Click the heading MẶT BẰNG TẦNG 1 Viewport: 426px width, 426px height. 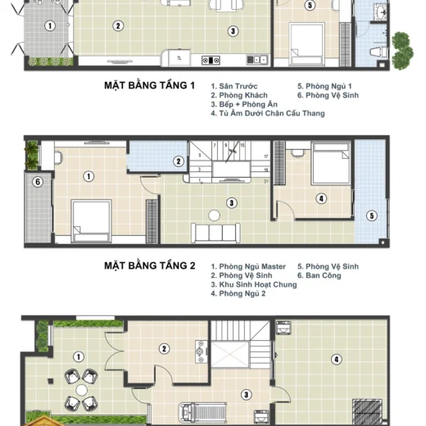pyautogui.click(x=149, y=85)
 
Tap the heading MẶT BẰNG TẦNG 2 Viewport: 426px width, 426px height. pyautogui.click(x=150, y=265)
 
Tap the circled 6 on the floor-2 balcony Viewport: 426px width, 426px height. pyautogui.click(x=38, y=182)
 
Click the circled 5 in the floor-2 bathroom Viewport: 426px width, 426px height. pyautogui.click(x=372, y=215)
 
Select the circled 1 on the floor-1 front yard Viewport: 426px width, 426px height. pyautogui.click(x=50, y=26)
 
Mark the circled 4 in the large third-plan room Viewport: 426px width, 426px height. pyautogui.click(x=337, y=360)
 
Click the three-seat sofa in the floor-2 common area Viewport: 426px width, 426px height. pyautogui.click(x=215, y=233)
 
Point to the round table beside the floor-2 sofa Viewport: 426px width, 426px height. pyautogui.click(x=214, y=215)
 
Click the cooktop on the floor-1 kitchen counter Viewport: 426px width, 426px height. pyautogui.click(x=211, y=60)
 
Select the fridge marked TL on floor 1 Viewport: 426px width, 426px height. pyautogui.click(x=179, y=58)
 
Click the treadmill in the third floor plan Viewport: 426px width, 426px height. pyautogui.click(x=202, y=413)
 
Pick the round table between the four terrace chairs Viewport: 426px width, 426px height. pyautogui.click(x=81, y=390)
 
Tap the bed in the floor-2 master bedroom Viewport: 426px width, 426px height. pyautogui.click(x=91, y=220)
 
